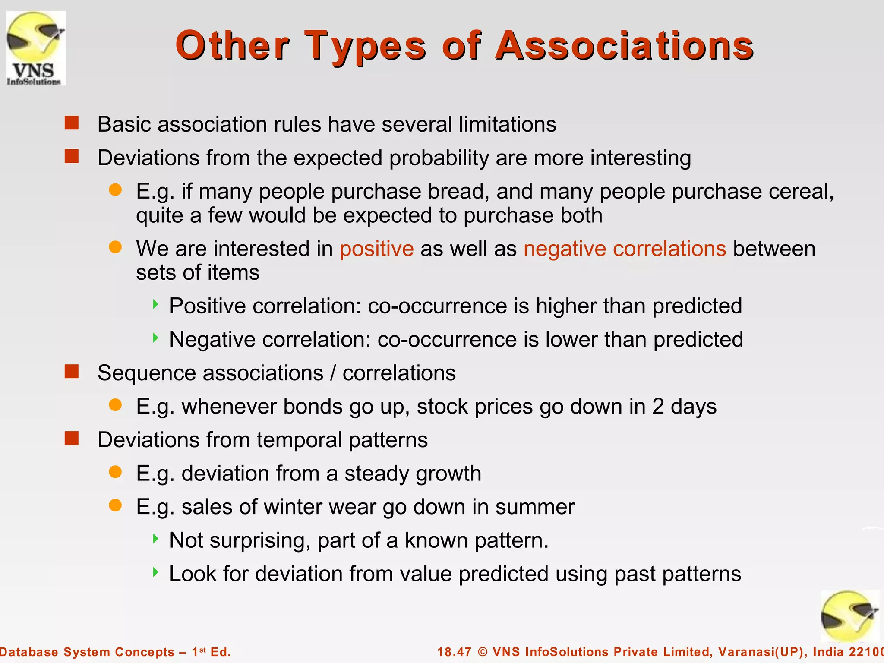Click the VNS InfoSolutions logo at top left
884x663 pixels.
pyautogui.click(x=36, y=48)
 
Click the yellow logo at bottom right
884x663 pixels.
pyautogui.click(x=849, y=616)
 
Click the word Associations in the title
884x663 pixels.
pyautogui.click(x=624, y=46)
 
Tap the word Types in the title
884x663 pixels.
pyautogui.click(x=365, y=46)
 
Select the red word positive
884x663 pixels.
pyautogui.click(x=376, y=249)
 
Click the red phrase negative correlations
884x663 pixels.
pyautogui.click(x=625, y=249)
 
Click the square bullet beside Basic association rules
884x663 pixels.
pyautogui.click(x=72, y=123)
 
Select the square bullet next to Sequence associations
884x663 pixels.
pyautogui.click(x=72, y=372)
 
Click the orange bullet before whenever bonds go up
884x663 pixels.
pyautogui.click(x=115, y=405)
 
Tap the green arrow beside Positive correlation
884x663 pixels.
pyautogui.click(x=156, y=305)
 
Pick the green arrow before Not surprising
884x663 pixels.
pyautogui.click(x=156, y=539)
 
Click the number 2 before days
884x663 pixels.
pyautogui.click(x=658, y=407)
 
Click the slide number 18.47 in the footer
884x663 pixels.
pyautogui.click(x=454, y=652)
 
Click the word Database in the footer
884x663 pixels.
pyautogui.click(x=29, y=652)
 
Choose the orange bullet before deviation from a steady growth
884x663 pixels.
pyautogui.click(x=115, y=472)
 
